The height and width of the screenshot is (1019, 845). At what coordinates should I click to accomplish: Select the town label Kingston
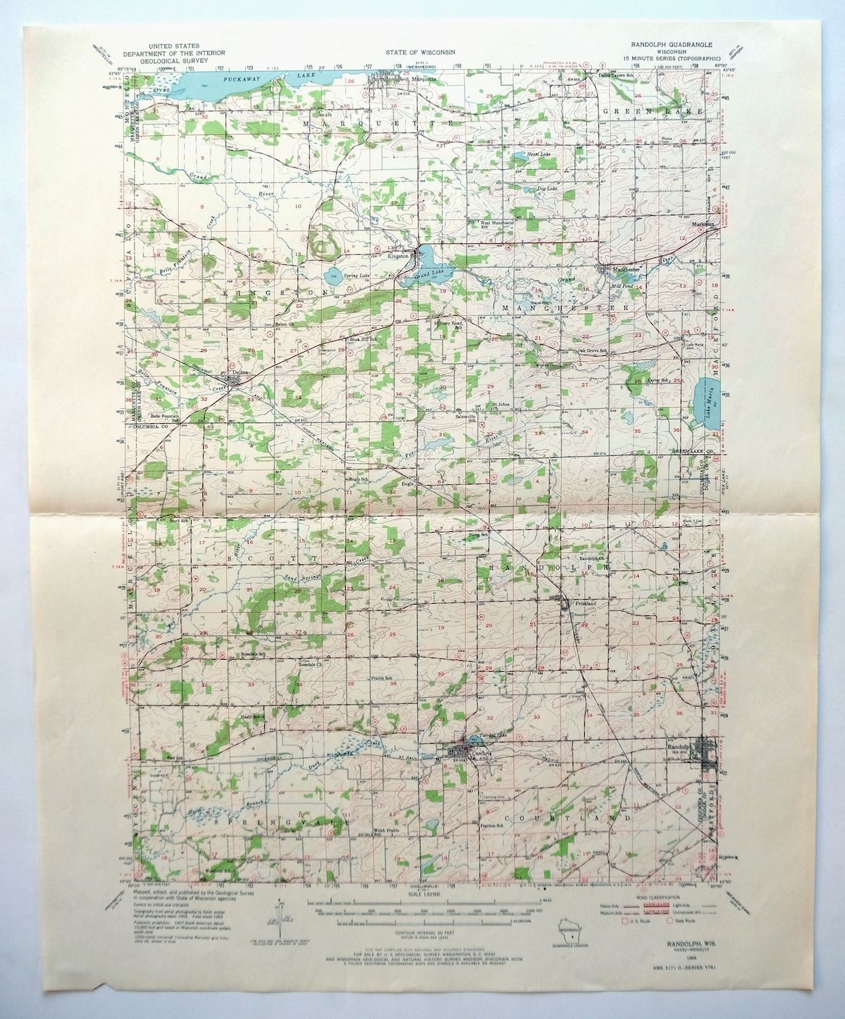(x=398, y=256)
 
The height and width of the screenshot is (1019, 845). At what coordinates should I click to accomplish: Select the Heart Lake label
(x=541, y=155)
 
